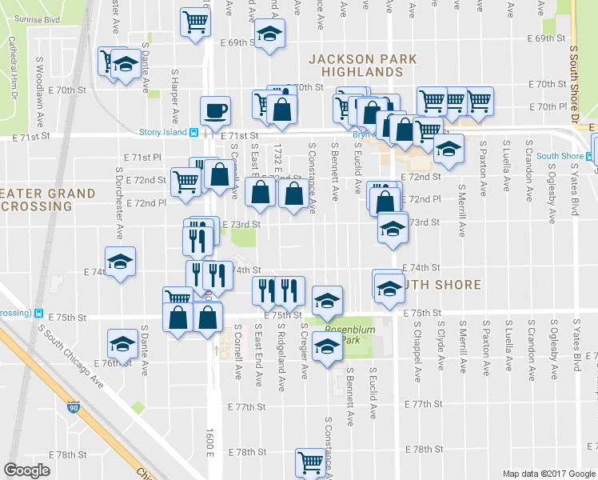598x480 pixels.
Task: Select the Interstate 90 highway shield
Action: click(73, 408)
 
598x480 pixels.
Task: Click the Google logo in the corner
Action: click(26, 470)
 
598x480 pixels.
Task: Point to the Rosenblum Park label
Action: click(342, 334)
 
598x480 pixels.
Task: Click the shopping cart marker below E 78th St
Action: click(310, 461)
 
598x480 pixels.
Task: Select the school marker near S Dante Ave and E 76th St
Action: click(123, 342)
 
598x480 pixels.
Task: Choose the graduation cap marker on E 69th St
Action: click(269, 34)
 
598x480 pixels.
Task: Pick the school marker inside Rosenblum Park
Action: click(327, 347)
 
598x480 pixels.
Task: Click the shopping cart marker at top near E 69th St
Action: click(195, 22)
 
